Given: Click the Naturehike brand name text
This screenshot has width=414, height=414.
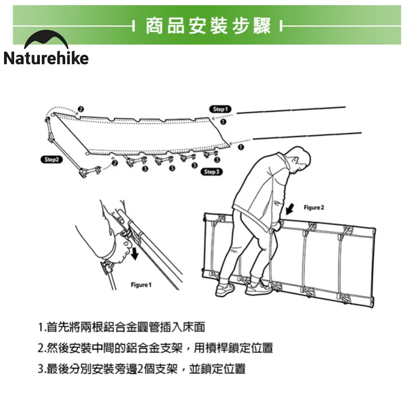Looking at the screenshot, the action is [46, 58].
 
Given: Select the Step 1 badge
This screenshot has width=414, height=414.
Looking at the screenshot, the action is [220, 109].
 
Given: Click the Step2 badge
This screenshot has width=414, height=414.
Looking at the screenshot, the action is [52, 160].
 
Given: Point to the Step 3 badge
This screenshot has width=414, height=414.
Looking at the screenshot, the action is [211, 172].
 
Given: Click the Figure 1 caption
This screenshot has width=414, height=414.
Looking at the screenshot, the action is [141, 285].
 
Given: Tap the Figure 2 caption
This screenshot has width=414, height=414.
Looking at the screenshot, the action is [314, 208].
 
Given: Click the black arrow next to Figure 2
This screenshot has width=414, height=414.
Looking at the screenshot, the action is [290, 209].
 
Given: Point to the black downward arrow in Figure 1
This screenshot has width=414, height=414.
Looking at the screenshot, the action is [135, 253].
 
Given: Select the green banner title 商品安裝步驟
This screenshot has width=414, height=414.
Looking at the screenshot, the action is [208, 26].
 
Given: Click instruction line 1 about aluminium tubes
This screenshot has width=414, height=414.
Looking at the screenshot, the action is [121, 327].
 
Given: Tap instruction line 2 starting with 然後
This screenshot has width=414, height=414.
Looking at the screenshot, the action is [155, 348].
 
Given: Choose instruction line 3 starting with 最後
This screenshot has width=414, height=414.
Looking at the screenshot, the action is [142, 369].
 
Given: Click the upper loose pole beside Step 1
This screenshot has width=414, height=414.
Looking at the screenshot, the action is [291, 110].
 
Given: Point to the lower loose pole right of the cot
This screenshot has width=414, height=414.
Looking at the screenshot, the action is [307, 136].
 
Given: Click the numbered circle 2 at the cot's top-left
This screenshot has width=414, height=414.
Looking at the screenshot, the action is [81, 109].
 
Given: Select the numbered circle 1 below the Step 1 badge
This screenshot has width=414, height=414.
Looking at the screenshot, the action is [223, 121].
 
